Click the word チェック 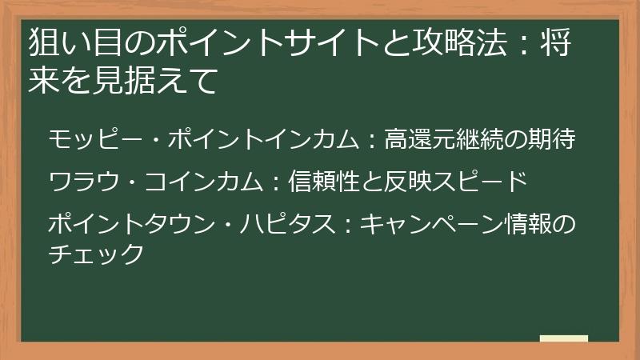point(95,254)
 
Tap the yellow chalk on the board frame point(564,338)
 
